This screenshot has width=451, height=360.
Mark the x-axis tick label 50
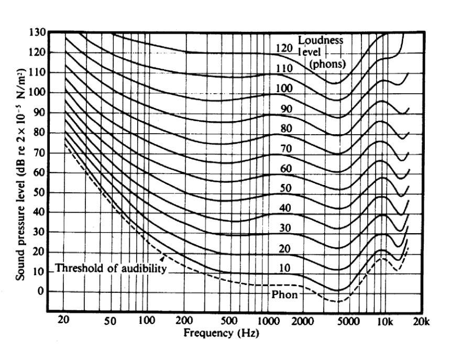click(x=111, y=321)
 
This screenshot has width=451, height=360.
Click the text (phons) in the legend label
click(x=326, y=63)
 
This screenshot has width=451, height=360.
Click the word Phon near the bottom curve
click(x=284, y=294)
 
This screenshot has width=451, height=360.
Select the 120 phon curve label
click(x=283, y=48)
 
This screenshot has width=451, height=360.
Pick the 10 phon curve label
click(x=283, y=268)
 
